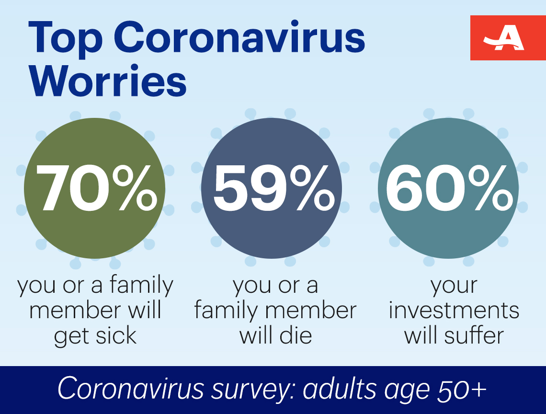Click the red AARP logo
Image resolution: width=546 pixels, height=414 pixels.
click(508, 38)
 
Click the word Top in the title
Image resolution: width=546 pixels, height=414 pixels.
click(66, 39)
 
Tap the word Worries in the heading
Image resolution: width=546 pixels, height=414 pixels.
click(108, 80)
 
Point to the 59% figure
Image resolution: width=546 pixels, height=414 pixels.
click(273, 188)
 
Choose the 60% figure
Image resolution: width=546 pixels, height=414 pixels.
click(450, 188)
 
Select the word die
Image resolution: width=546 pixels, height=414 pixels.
click(296, 336)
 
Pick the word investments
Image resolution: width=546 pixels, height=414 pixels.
click(454, 310)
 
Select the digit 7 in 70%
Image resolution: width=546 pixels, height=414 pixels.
click(53, 188)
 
